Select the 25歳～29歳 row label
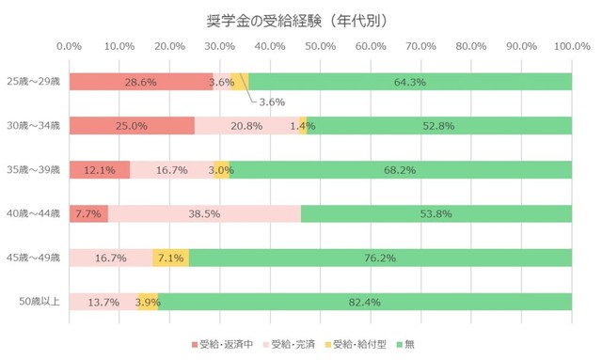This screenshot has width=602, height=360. (x=34, y=82)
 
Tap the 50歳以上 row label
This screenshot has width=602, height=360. (x=40, y=302)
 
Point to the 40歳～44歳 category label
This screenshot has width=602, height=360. (x=34, y=213)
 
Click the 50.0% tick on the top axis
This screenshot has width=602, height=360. (x=320, y=45)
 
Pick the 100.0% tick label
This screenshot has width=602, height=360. (x=569, y=45)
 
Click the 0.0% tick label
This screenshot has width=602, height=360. (x=69, y=45)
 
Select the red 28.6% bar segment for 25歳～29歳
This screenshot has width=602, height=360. (x=141, y=82)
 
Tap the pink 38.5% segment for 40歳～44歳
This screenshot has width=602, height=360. (x=205, y=213)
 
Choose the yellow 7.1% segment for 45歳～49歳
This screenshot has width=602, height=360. (x=171, y=258)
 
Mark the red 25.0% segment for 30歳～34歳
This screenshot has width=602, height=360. (x=132, y=126)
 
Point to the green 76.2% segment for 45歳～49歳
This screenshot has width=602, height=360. (x=380, y=258)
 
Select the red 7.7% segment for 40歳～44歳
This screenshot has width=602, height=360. (x=88, y=213)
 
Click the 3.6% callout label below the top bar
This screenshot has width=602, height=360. (x=272, y=102)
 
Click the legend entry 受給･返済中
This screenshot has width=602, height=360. (x=222, y=344)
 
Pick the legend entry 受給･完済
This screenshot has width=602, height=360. (x=294, y=344)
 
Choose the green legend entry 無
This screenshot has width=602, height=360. (x=415, y=344)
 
